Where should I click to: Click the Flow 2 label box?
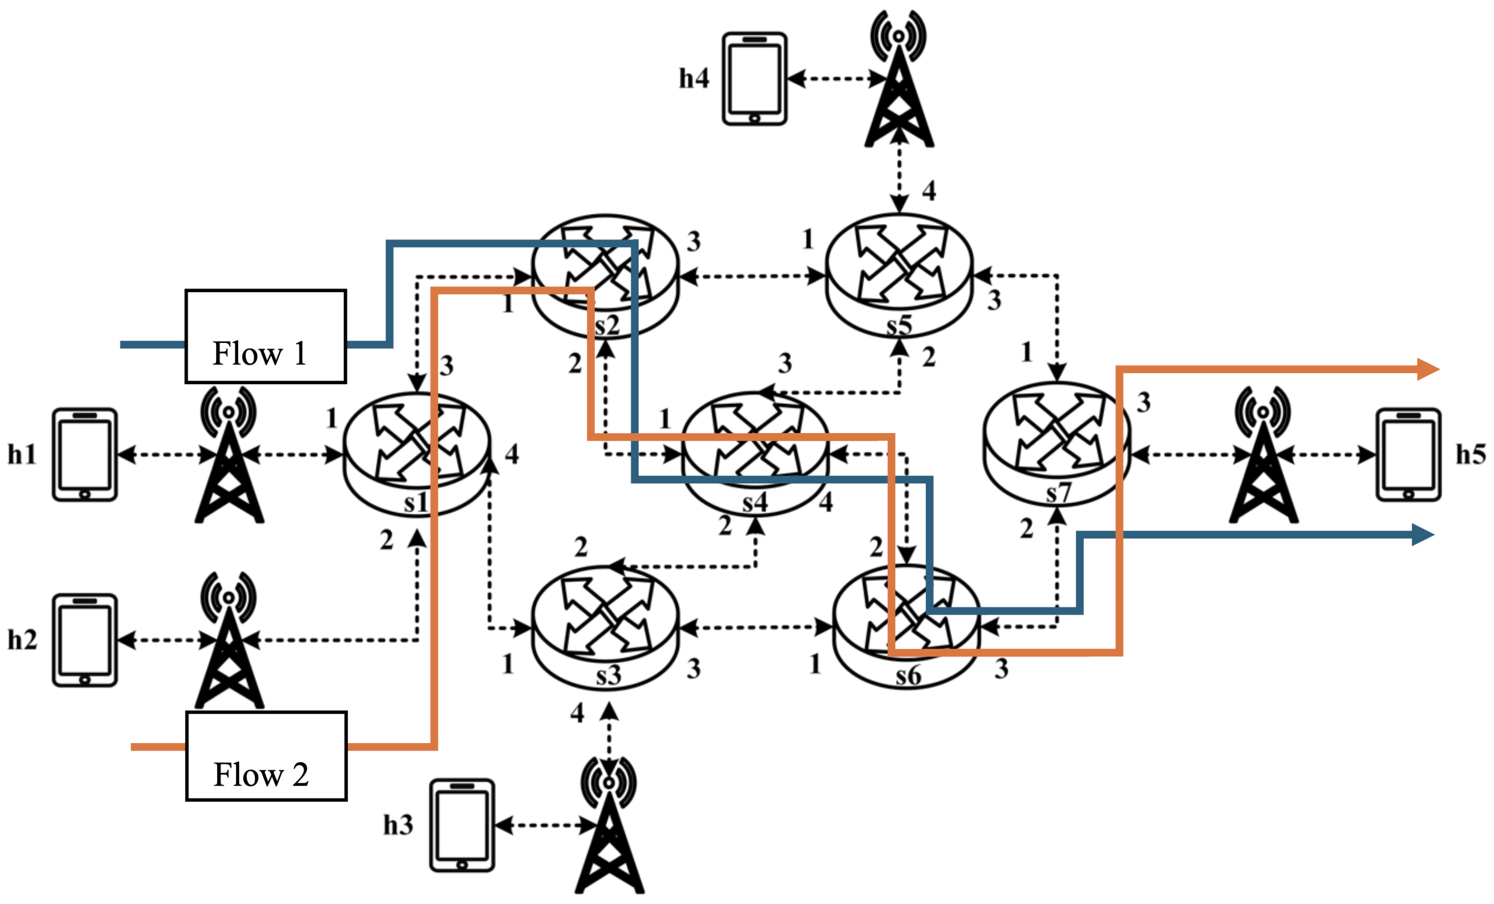[266, 756]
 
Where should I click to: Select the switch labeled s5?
[899, 276]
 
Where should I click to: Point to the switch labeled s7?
[1056, 444]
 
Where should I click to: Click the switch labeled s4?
[755, 454]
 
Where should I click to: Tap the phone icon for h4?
[754, 79]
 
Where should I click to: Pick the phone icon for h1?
[84, 455]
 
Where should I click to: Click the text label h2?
[22, 640]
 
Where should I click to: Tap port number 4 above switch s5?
[929, 191]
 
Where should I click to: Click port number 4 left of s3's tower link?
[577, 713]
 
